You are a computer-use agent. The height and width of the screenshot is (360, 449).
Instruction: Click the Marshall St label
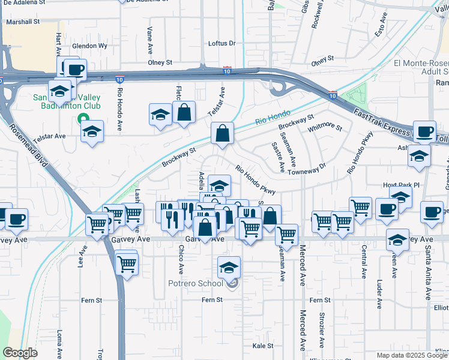tap(22, 21)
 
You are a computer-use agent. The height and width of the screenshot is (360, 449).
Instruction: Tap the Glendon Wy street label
tap(89, 46)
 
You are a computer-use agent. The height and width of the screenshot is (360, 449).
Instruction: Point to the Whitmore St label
tap(325, 128)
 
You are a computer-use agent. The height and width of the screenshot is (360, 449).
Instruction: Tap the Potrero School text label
tap(194, 282)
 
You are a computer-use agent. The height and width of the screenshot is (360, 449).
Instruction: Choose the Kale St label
tap(263, 346)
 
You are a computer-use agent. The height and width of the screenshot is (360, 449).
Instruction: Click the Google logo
tap(20, 353)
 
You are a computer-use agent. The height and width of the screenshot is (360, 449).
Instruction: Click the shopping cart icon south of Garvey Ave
tap(127, 263)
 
